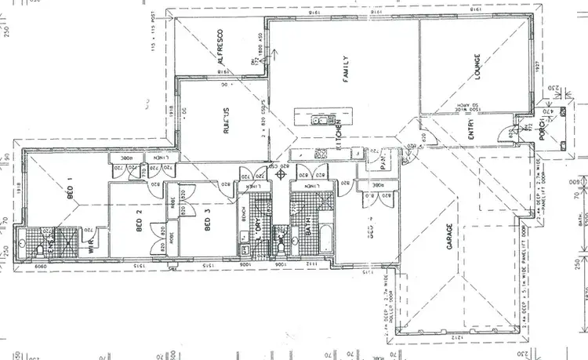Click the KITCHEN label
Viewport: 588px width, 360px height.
pyautogui.click(x=338, y=134)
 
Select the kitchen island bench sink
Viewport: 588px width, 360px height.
pyautogui.click(x=320, y=120)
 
